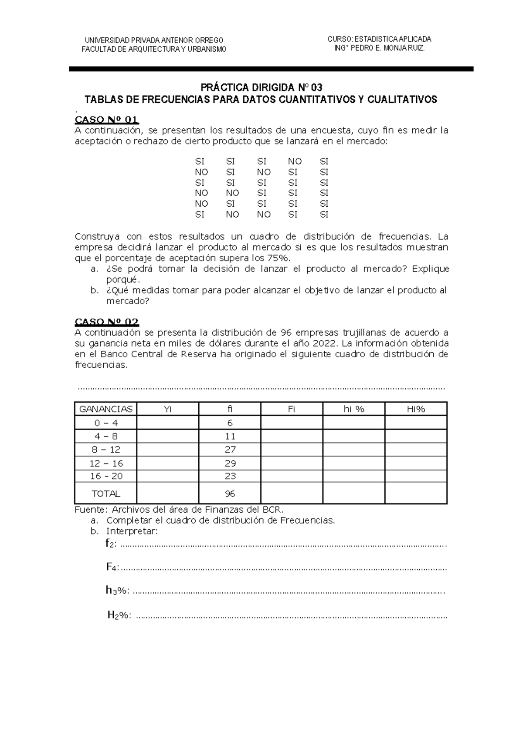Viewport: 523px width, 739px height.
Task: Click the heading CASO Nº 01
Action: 107,120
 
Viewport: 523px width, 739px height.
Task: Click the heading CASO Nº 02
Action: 107,322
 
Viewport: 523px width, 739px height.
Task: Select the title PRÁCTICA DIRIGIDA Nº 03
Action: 261,87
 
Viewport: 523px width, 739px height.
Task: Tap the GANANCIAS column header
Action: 105,409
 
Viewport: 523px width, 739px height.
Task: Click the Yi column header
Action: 167,409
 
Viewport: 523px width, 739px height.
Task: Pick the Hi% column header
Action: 416,409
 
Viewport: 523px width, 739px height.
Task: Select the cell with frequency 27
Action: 230,450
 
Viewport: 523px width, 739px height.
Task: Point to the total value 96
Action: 230,494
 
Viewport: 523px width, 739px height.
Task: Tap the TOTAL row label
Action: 105,494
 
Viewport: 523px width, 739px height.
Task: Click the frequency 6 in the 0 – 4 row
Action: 230,423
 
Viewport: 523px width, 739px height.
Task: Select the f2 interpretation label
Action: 111,544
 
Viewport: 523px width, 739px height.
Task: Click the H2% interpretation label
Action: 119,615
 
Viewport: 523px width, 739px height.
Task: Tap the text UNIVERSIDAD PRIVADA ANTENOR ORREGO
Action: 154,40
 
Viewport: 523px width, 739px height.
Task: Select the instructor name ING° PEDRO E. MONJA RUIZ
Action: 379,48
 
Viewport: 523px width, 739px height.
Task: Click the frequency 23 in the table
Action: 230,476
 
